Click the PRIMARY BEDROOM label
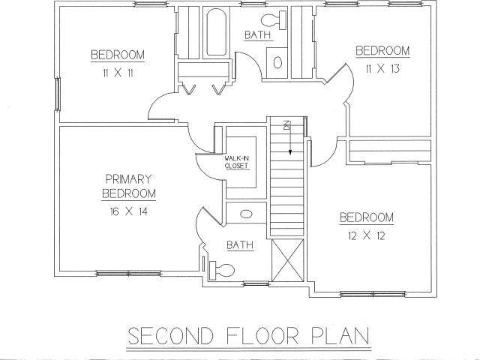tap(129, 186)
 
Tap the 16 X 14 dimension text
tap(128, 211)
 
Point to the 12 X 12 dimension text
tap(367, 235)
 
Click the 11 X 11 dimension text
tap(118, 73)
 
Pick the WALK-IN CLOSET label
tap(237, 162)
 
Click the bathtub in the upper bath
tap(217, 31)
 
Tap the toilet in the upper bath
tap(274, 20)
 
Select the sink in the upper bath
tap(277, 62)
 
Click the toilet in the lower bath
tap(222, 270)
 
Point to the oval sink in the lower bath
tap(246, 214)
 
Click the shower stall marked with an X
tap(288, 260)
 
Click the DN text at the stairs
tap(286, 125)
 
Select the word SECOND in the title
tap(170, 336)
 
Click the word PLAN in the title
tap(340, 336)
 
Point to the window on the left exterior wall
tap(57, 94)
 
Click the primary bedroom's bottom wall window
tap(128, 273)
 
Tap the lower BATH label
tap(240, 245)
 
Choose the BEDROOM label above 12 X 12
tap(367, 217)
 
